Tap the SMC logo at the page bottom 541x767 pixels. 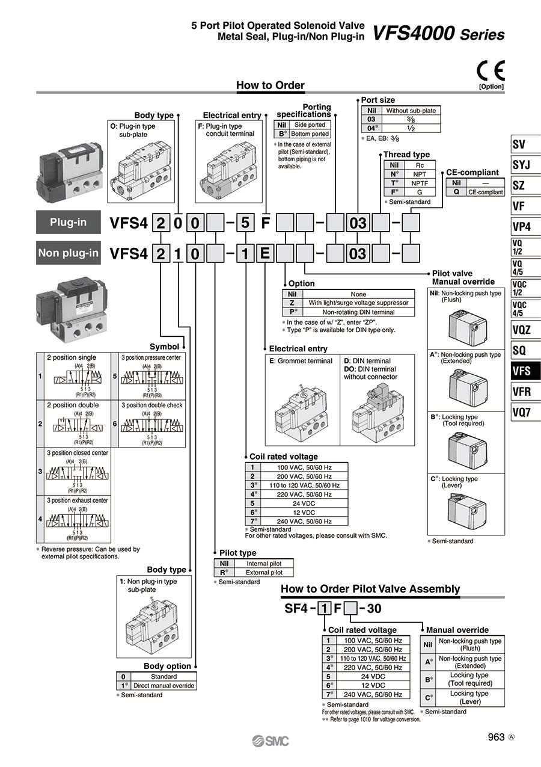pyautogui.click(x=270, y=741)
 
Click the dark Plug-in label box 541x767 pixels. pyautogui.click(x=69, y=223)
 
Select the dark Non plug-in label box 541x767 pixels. pyautogui.click(x=69, y=253)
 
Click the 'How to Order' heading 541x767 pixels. pyautogui.click(x=270, y=85)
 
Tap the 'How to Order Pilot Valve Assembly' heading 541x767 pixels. pyautogui.click(x=370, y=589)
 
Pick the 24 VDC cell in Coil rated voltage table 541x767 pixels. pyautogui.click(x=296, y=503)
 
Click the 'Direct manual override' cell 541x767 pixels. pyautogui.click(x=164, y=686)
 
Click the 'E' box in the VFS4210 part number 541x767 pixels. pyautogui.click(x=264, y=254)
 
